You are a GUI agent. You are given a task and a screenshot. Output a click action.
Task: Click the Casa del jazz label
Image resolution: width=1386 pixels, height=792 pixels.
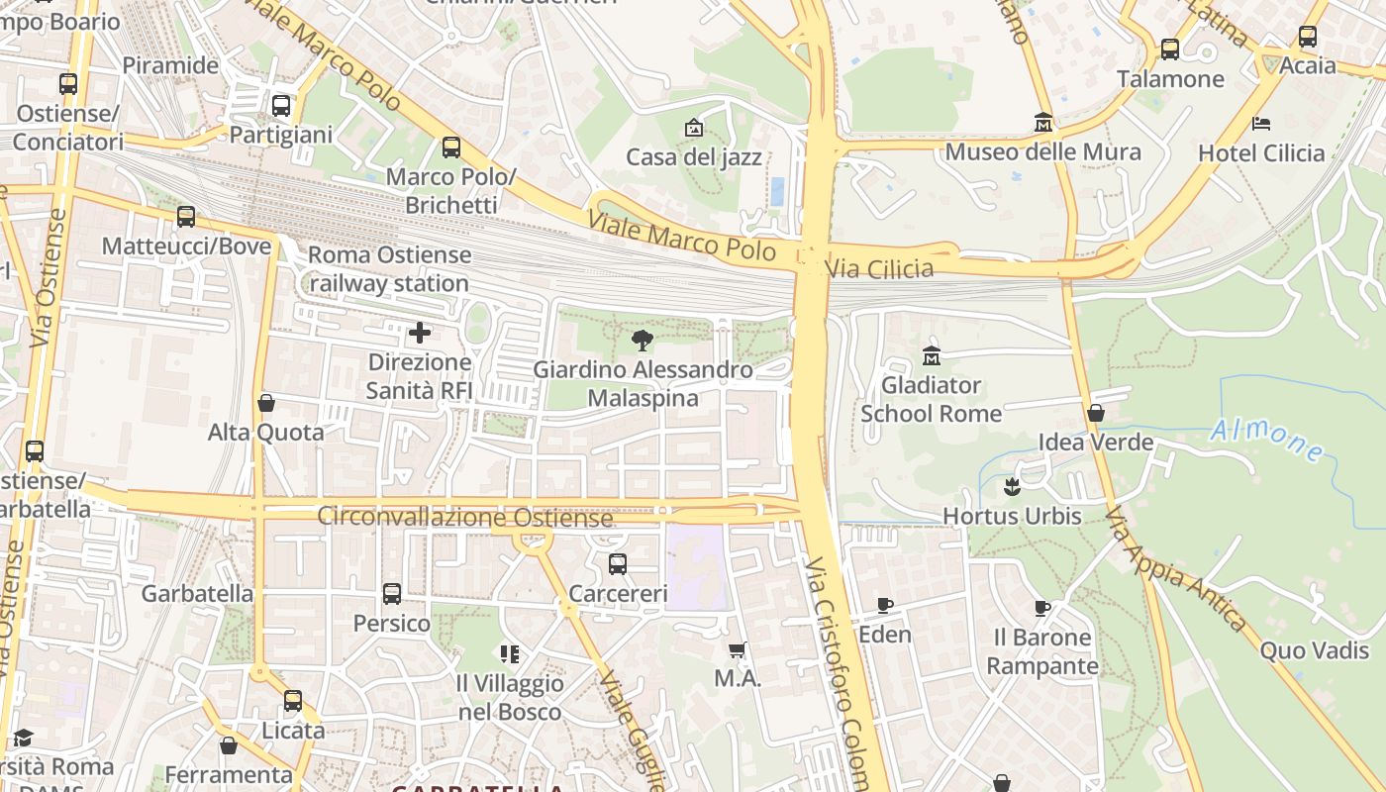click(x=693, y=157)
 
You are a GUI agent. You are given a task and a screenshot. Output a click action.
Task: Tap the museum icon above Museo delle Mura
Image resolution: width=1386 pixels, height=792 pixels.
click(x=1042, y=123)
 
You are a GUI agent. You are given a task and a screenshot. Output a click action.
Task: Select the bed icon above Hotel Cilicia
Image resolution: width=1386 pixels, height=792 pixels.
click(x=1260, y=124)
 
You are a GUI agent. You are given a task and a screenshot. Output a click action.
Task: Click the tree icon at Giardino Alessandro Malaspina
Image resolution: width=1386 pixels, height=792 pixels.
click(x=642, y=341)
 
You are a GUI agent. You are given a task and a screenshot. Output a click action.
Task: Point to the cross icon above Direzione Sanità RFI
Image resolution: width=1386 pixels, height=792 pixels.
click(x=420, y=333)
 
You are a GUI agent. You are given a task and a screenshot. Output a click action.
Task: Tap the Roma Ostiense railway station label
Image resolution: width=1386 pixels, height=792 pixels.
click(x=389, y=269)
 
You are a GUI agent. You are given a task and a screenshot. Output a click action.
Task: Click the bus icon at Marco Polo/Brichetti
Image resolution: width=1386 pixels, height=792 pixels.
click(x=451, y=148)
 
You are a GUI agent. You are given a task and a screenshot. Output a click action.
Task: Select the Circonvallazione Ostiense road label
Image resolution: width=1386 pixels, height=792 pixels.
click(x=465, y=518)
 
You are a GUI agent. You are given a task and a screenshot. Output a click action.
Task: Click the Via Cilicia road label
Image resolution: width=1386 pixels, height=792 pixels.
click(x=879, y=268)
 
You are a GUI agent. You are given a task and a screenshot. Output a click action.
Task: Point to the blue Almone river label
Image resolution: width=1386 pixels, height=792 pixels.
click(x=1267, y=440)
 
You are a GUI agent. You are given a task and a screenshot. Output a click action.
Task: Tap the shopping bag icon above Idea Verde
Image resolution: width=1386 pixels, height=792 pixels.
click(x=1095, y=413)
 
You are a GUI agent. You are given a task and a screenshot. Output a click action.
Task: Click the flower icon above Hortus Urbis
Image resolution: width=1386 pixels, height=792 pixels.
click(x=1012, y=487)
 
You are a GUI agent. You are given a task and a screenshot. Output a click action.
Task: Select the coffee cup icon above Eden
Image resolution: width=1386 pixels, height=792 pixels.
click(x=884, y=605)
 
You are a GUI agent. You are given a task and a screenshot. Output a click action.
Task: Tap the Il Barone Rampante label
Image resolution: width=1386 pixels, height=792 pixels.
click(x=1042, y=651)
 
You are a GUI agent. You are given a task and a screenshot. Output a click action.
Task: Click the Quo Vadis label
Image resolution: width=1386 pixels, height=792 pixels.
click(x=1314, y=650)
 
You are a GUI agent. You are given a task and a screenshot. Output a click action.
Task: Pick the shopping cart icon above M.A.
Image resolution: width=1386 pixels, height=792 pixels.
click(x=737, y=650)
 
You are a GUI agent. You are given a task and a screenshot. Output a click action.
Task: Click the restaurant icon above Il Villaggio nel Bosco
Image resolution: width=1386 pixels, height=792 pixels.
click(x=510, y=653)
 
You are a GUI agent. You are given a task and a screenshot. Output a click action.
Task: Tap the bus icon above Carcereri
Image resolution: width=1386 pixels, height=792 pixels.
click(x=618, y=564)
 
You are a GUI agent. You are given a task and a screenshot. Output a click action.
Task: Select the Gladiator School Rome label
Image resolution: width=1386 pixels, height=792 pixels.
click(x=931, y=399)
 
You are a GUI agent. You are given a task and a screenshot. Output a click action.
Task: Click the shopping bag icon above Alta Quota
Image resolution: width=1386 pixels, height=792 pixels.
click(x=265, y=403)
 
